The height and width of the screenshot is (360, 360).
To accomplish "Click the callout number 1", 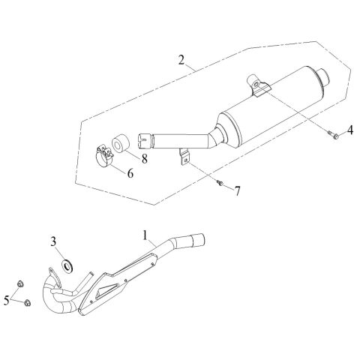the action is tap(145, 235).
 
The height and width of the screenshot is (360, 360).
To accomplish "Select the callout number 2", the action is tap(181, 60).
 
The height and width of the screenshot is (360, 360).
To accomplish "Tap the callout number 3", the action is tap(53, 241).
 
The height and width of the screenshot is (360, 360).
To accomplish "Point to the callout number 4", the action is tap(350, 130).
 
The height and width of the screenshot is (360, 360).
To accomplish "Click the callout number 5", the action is tap(7, 300).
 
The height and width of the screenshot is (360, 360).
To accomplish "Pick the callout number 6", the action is tap(130, 173).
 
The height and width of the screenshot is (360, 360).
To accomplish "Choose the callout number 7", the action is tap(237, 191).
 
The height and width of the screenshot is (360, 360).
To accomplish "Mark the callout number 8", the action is tap(145, 158).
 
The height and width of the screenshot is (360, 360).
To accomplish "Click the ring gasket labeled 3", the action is tap(67, 266).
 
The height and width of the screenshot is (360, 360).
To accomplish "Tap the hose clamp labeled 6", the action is tap(104, 156).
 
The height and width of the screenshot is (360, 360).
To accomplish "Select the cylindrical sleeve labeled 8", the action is tap(120, 144).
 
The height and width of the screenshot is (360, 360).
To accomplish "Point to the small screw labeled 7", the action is tap(220, 183).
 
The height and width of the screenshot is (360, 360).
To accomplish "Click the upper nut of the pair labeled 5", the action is tap(20, 283).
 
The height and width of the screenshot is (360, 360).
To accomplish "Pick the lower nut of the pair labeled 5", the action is tap(27, 303).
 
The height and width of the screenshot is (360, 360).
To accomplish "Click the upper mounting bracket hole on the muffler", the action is tap(255, 85).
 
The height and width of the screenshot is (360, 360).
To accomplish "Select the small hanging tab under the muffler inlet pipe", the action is tap(184, 157).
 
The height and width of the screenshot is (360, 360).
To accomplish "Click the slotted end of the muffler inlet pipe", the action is tap(145, 141).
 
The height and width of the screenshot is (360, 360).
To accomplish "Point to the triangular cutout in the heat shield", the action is tap(106, 291).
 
